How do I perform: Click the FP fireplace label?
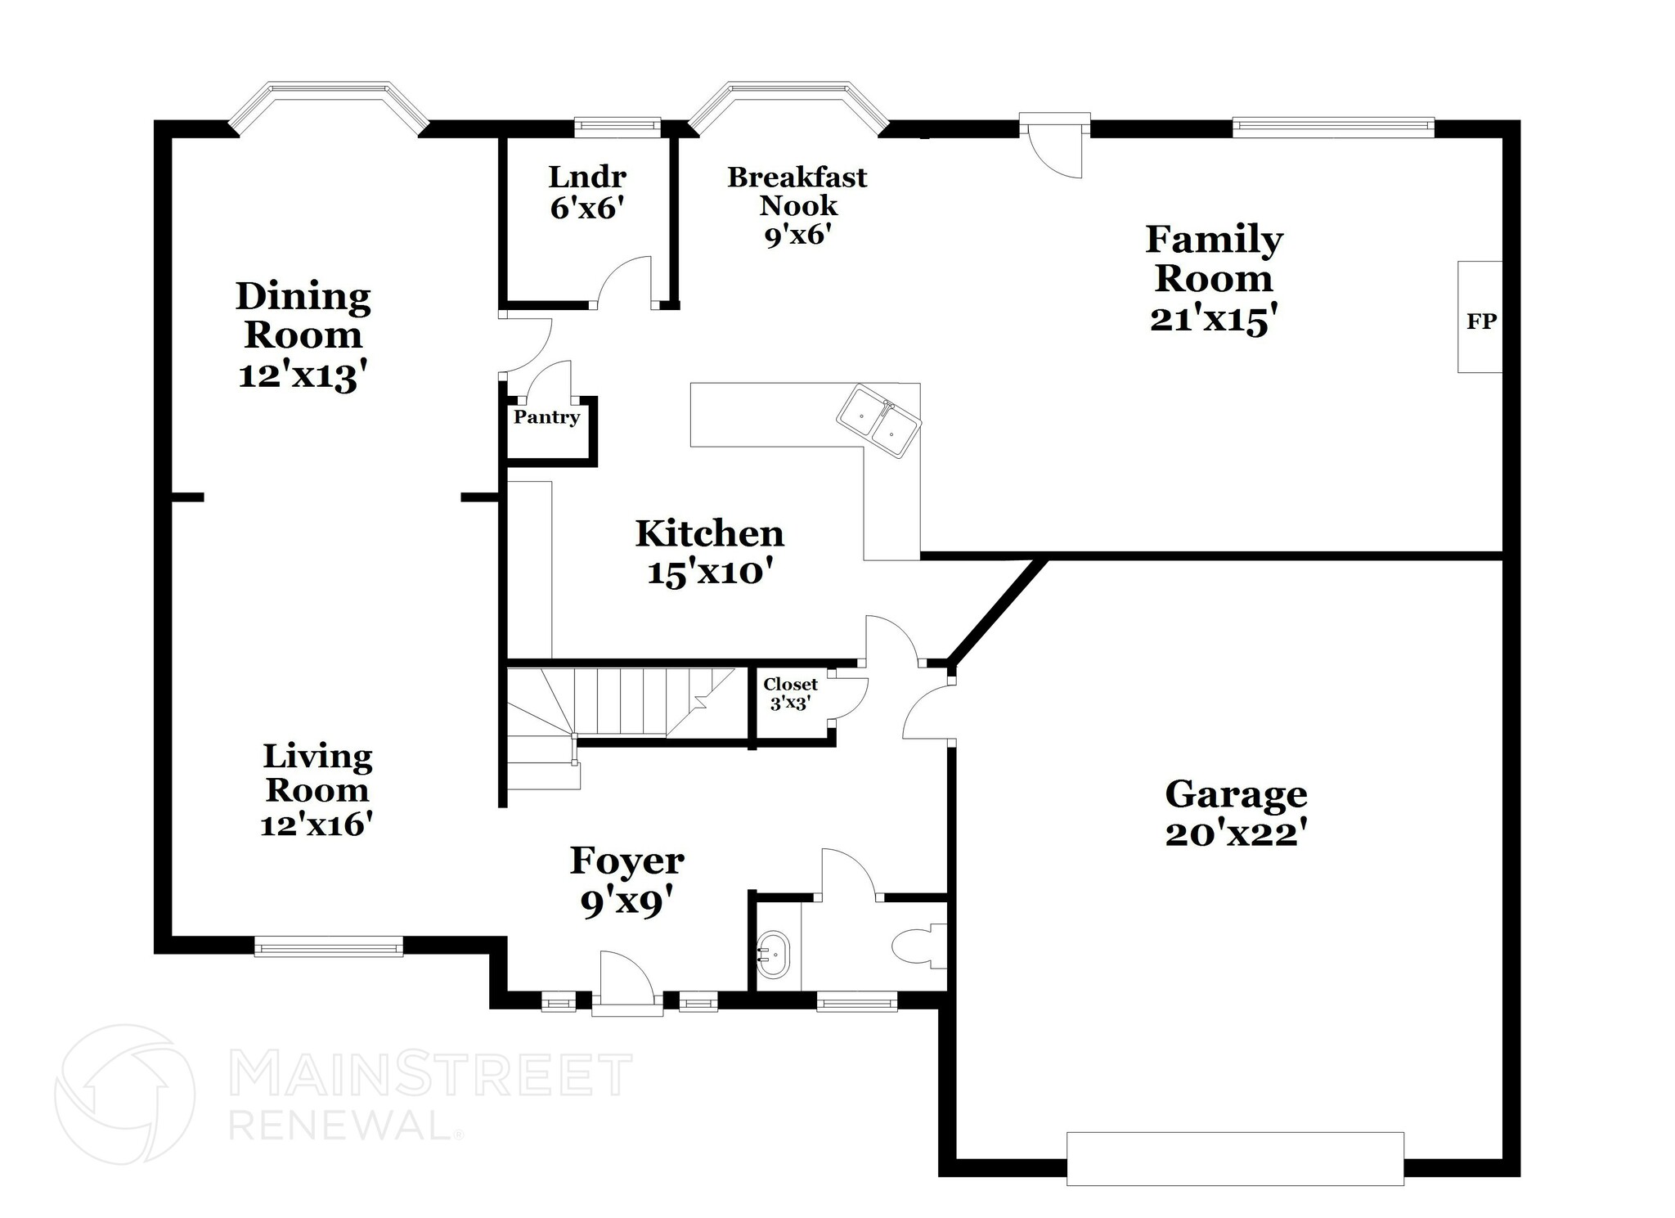pyautogui.click(x=1480, y=321)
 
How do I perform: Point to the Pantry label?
pyautogui.click(x=546, y=417)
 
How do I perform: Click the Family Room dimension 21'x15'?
pyautogui.click(x=1213, y=319)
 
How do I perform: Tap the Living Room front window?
pyautogui.click(x=328, y=947)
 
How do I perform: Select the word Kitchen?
pyautogui.click(x=709, y=533)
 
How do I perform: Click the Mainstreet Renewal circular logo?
pyautogui.click(x=125, y=1094)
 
